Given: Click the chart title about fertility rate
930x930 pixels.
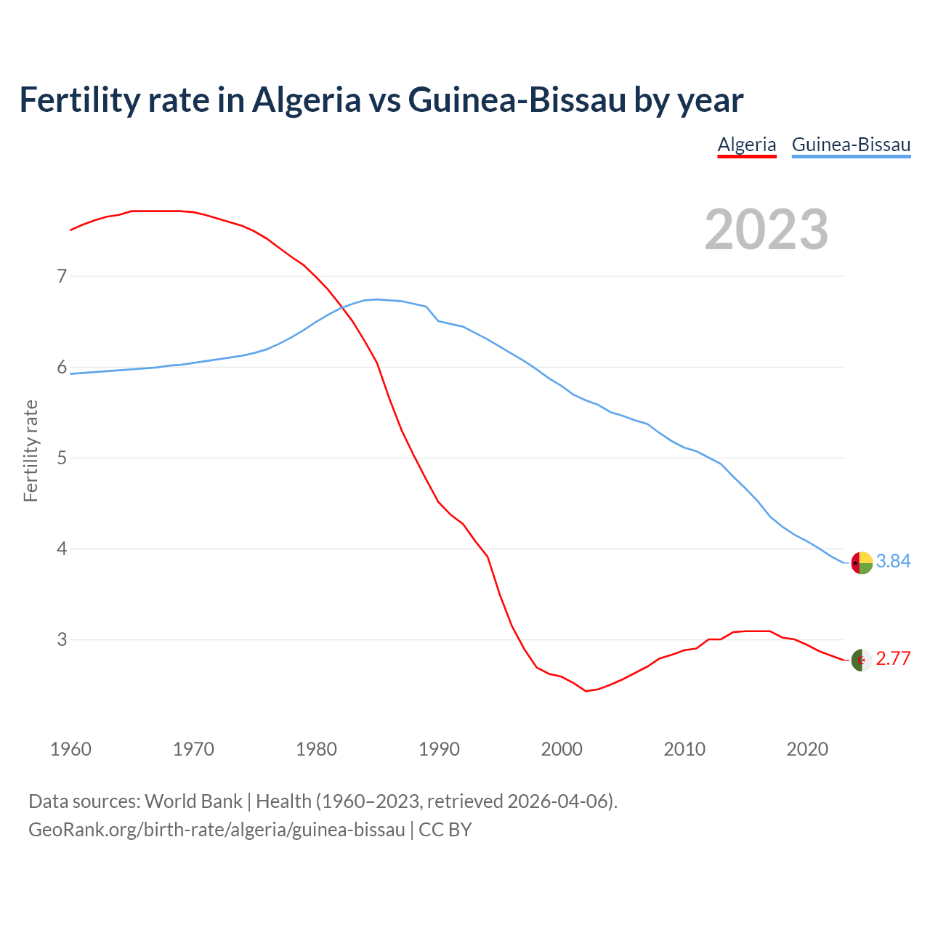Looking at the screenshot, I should click(381, 100).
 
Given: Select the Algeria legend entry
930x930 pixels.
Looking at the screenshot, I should click(747, 145).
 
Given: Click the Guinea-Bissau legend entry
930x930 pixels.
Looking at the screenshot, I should click(851, 145).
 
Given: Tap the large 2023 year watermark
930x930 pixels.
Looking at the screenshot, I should click(767, 230).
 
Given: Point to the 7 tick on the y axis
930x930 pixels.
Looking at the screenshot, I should click(62, 276).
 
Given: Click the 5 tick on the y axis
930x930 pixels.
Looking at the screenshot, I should click(62, 458).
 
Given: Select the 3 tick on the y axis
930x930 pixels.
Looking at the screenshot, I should click(62, 639).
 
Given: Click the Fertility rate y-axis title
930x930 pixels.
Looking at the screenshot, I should click(31, 450).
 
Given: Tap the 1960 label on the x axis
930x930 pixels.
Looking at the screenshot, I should click(70, 749).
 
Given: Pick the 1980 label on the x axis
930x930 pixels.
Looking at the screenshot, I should click(316, 749).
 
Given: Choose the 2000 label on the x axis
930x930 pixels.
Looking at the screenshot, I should click(562, 749).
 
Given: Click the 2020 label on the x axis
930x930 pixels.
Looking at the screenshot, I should click(807, 749).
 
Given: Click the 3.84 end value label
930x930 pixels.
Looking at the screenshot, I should click(893, 561).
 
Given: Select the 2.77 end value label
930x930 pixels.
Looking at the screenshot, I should click(893, 658).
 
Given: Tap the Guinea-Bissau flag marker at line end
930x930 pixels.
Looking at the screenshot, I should click(861, 563).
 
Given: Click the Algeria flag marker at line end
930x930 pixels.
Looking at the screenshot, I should click(861, 660).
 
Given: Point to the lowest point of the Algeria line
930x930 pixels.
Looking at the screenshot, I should click(586, 691).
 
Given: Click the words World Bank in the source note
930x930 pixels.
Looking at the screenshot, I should click(193, 801).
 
